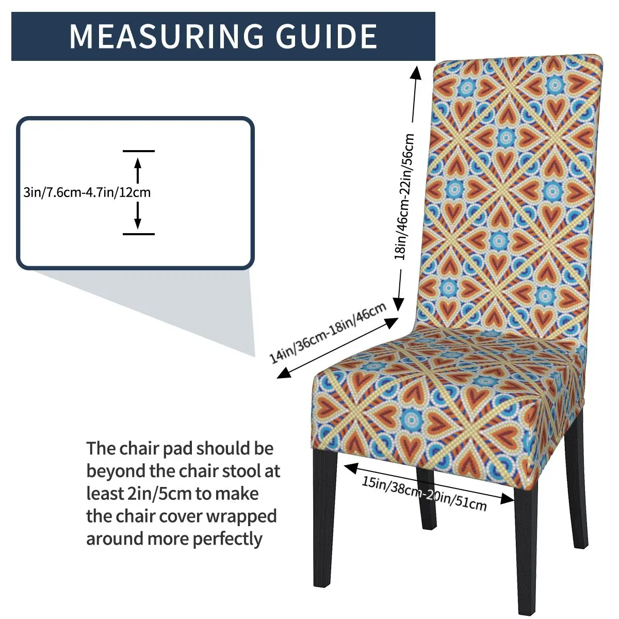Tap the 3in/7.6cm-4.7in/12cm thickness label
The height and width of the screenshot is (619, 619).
[87, 193]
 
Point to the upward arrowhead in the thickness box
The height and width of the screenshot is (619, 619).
[138, 162]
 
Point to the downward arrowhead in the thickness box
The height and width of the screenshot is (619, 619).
[138, 223]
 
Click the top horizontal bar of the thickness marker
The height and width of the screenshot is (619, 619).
[138, 151]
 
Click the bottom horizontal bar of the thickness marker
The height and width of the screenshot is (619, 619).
[138, 234]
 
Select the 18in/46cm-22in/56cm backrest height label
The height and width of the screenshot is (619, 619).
[405, 196]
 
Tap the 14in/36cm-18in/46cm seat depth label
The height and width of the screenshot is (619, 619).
[328, 333]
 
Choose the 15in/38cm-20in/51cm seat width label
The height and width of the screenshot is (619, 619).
[423, 493]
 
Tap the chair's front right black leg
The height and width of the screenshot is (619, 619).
[526, 557]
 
